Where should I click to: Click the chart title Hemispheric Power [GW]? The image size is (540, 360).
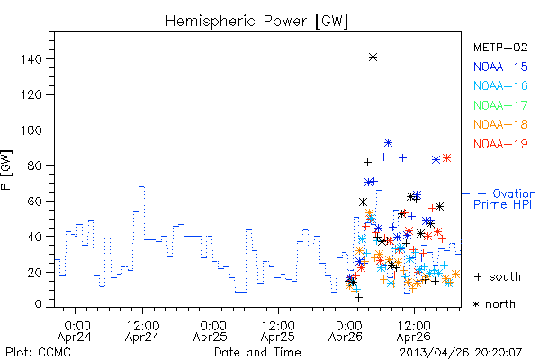click(256, 22)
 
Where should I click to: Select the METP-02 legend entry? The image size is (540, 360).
click(500, 48)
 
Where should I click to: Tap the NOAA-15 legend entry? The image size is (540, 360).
click(500, 67)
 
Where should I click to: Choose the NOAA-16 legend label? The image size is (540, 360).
click(500, 85)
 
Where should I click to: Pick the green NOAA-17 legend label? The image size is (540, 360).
click(500, 105)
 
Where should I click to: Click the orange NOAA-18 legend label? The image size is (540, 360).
click(500, 124)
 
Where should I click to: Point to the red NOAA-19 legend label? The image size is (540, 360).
click(500, 144)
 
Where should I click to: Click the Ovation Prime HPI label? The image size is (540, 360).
click(505, 199)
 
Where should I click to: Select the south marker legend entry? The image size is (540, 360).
click(498, 276)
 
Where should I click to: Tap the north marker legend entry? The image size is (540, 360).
click(494, 304)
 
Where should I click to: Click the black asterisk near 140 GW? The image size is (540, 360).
click(373, 58)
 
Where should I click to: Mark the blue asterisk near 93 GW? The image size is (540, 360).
click(388, 142)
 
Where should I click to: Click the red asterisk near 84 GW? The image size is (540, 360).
click(446, 158)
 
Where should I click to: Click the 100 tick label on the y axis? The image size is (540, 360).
click(31, 130)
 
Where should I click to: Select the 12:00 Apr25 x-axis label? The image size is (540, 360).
click(278, 331)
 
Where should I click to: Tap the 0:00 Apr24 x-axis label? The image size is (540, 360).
click(75, 331)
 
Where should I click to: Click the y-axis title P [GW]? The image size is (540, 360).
click(6, 170)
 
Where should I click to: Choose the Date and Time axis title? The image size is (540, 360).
click(257, 353)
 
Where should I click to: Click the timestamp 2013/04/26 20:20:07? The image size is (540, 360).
click(461, 353)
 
